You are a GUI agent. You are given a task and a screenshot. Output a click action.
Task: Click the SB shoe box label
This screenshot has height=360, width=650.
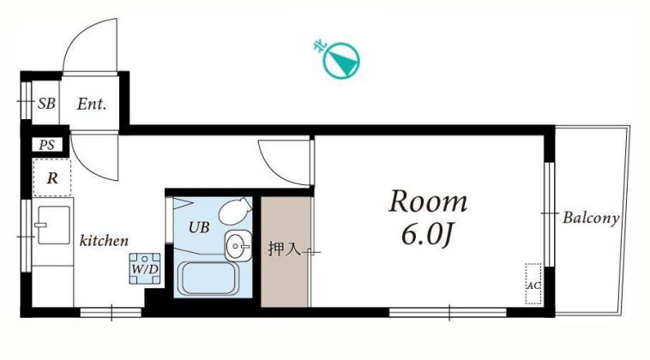46,103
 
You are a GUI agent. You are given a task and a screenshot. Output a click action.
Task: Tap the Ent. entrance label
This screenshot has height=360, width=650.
92,104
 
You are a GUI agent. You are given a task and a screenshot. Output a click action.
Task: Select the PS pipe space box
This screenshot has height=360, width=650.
47,145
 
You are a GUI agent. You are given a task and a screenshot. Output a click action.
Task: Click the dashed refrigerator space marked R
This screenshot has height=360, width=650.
51,177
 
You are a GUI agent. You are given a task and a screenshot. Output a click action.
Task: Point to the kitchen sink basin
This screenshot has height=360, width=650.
53,225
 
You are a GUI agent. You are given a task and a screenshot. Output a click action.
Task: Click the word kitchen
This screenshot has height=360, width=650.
104,240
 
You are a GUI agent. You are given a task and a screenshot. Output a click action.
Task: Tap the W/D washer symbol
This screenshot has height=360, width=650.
145,268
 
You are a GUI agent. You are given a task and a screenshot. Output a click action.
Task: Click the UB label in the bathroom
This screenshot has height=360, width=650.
199,227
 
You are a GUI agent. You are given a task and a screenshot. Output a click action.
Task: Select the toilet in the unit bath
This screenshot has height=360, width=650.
235,211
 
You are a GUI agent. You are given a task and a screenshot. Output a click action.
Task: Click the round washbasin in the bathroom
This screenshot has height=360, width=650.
238,247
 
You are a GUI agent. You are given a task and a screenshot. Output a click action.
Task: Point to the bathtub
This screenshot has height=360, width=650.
208,279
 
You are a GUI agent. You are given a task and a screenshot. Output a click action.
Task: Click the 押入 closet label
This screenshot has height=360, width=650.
284,249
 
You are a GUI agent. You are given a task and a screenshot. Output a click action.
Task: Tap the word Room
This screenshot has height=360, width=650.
428,201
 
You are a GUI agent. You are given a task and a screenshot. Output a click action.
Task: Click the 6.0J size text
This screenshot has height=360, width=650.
426,236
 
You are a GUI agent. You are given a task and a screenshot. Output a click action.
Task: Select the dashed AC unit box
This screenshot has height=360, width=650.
533,284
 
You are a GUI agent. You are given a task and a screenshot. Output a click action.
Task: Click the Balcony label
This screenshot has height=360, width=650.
591,218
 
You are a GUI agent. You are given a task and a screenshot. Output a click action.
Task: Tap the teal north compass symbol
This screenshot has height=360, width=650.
340,59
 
